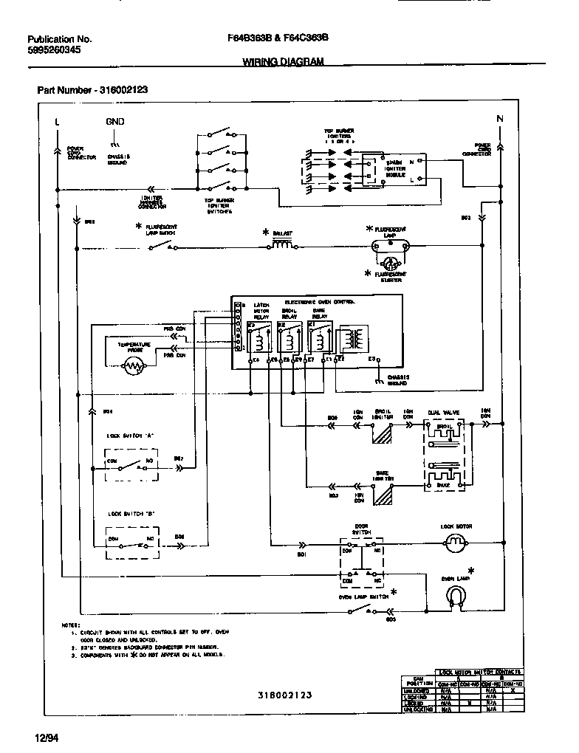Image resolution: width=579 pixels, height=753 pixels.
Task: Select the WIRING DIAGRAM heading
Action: pyautogui.click(x=283, y=63)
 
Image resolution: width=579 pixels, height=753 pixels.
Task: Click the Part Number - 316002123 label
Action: pyautogui.click(x=92, y=89)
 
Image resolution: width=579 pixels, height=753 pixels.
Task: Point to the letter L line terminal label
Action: pyautogui.click(x=58, y=121)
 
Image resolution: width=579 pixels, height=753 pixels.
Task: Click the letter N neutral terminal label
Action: pyautogui.click(x=500, y=120)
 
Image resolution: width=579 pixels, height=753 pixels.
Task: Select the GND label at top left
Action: pyautogui.click(x=114, y=121)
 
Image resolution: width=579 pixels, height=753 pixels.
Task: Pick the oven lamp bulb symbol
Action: pyautogui.click(x=459, y=594)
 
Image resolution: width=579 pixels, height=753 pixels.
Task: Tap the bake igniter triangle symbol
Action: pyautogui.click(x=383, y=498)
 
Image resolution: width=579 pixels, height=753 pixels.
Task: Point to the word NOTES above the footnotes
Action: pyautogui.click(x=72, y=625)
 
